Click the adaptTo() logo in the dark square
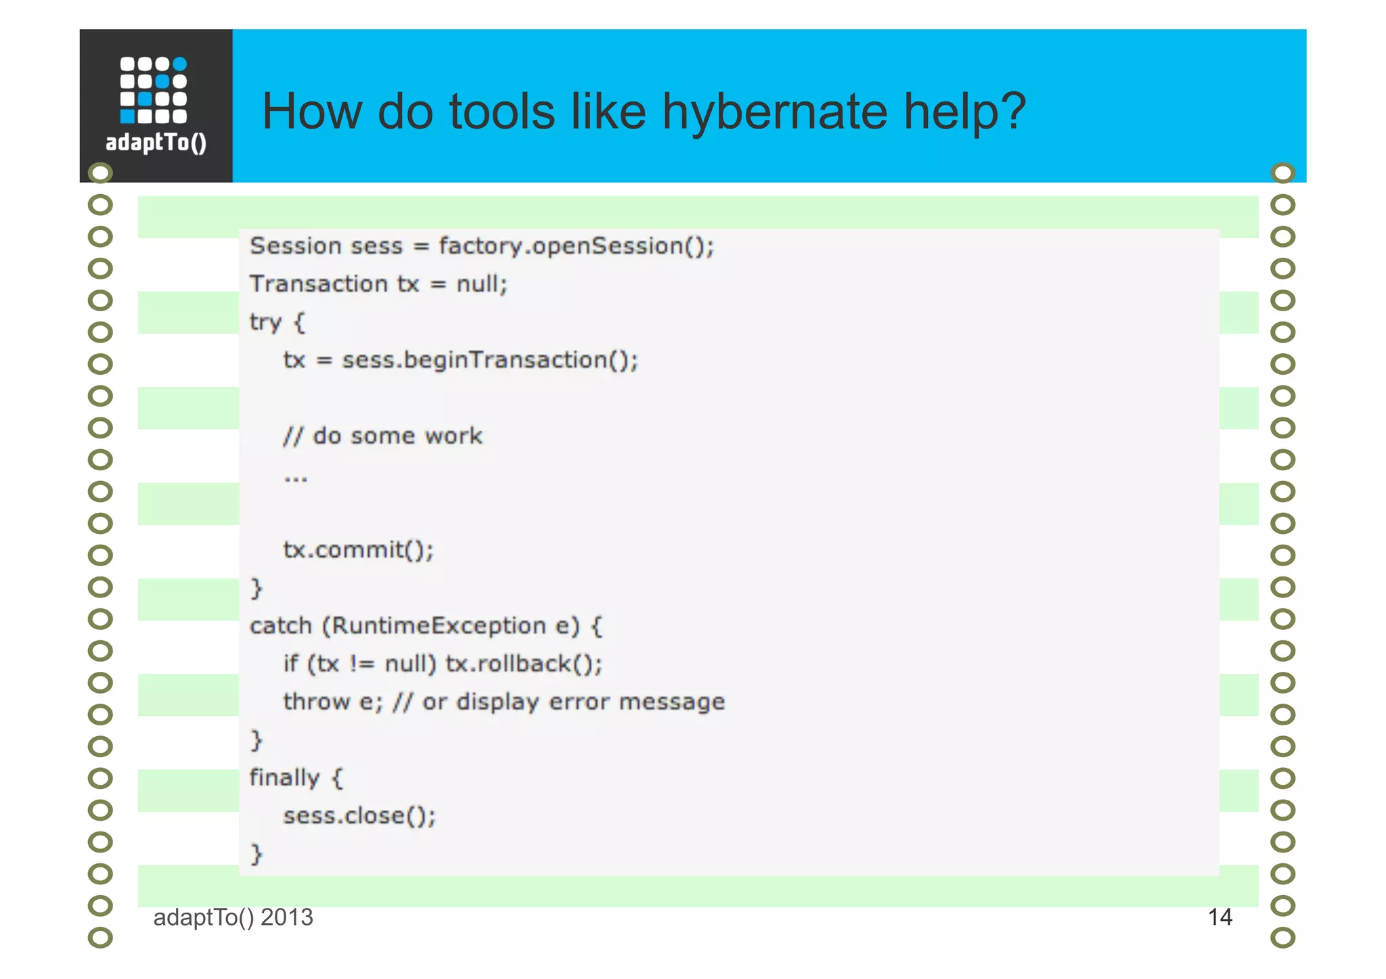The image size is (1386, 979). [x=156, y=105]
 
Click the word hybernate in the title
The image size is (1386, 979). [x=774, y=112]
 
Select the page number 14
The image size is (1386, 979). [x=1220, y=917]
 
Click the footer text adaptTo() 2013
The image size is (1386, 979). [x=233, y=917]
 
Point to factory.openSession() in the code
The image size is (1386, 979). [x=575, y=246]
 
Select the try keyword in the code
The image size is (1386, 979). [x=265, y=322]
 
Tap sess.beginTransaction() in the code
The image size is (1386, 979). [x=489, y=360]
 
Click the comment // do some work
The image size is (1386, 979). [x=382, y=436]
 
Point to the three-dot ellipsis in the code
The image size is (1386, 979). [x=296, y=478]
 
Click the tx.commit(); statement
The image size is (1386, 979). [x=358, y=550]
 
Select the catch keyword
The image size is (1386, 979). [x=280, y=626]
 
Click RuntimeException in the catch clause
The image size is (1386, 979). [x=438, y=626]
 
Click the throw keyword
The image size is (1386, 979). [x=316, y=702]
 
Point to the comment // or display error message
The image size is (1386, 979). [x=558, y=702]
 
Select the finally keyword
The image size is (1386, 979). [x=284, y=778]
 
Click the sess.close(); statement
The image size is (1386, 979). [x=359, y=816]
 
